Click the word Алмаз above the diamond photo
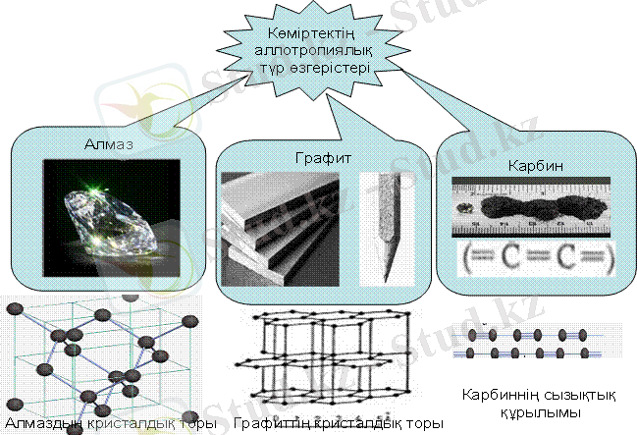click(x=108, y=143)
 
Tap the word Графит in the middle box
click(x=324, y=157)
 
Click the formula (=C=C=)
click(x=534, y=258)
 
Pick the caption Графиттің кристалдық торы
click(x=338, y=424)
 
